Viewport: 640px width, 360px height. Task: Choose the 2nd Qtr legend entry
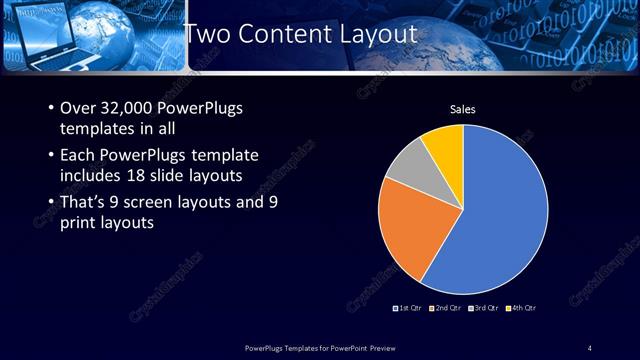click(446, 308)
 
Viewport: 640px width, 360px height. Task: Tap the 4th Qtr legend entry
click(521, 308)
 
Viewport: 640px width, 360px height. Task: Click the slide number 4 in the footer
click(590, 348)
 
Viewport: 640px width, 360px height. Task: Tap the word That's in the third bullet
click(83, 202)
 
